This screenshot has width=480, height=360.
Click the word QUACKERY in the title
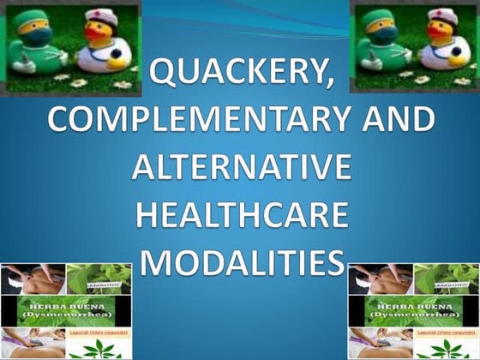tap(232, 79)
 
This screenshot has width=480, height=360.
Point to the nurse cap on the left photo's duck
tap(101, 15)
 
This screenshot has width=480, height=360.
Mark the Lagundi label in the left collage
tap(99, 333)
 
